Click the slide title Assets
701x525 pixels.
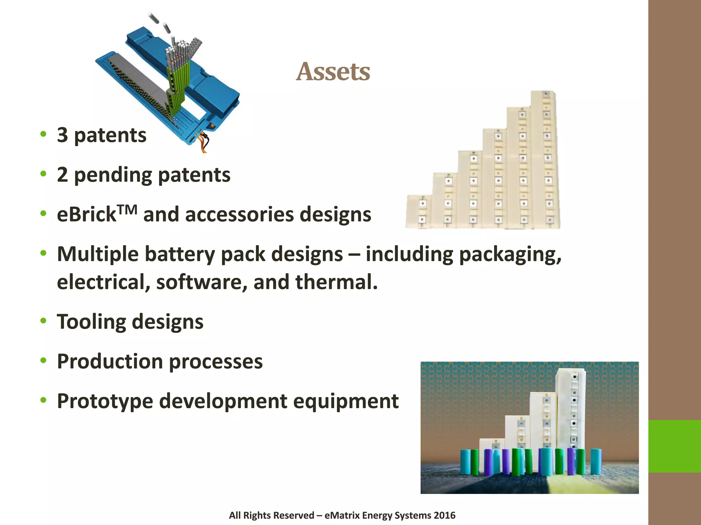(333, 72)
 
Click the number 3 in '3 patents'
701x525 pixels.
(62, 135)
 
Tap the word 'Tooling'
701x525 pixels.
(92, 322)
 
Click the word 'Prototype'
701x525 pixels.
(105, 401)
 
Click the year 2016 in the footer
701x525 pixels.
(444, 515)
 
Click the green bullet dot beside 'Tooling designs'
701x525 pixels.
(43, 321)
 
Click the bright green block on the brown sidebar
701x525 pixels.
(674, 446)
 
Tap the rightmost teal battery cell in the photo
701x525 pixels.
(596, 461)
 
